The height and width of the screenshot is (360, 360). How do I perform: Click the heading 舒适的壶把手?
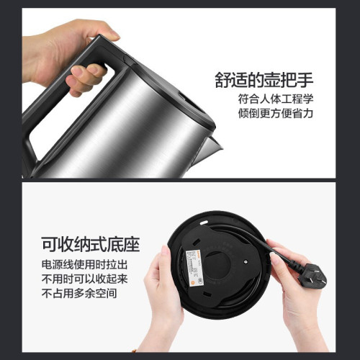point(271,78)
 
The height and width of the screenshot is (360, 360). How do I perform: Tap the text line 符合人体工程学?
point(279,99)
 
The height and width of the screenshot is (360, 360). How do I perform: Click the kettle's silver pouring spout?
point(208,147)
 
